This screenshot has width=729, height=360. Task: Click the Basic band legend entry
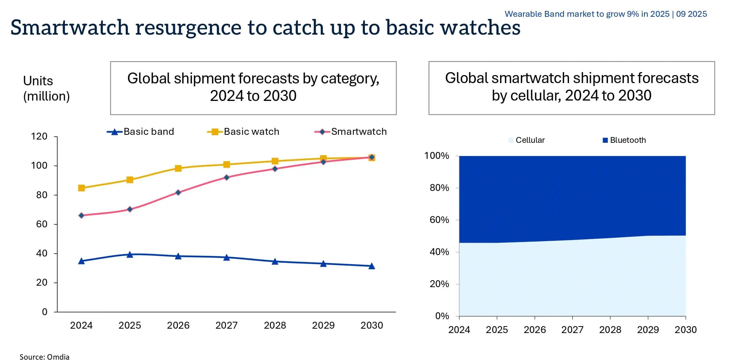pos(141,132)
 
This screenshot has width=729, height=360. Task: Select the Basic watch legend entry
pos(243,132)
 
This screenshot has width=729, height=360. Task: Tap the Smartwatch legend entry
pos(351,132)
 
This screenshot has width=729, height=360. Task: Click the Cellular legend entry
pos(527,140)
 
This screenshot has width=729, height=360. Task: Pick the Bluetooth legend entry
pos(624,140)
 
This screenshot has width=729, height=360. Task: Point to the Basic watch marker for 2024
pos(82,188)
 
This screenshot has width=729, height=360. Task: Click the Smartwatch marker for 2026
pos(178,192)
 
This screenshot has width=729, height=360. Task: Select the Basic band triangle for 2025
pos(130,254)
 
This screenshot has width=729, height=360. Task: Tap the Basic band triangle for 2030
pos(371,266)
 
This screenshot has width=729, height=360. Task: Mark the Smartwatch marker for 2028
pos(275,169)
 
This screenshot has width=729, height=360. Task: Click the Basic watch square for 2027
pos(226,164)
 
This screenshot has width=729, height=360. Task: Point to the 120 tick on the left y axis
pos(39,137)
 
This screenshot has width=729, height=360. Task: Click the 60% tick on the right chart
pos(439,220)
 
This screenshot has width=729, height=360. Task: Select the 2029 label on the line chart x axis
pos(323,325)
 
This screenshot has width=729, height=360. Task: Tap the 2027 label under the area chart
pos(572,330)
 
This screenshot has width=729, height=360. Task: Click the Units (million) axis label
pos(46,89)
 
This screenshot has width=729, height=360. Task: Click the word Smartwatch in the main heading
pos(70,28)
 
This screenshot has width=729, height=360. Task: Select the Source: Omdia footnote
pos(44,357)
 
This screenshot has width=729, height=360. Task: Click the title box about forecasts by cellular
pos(572,88)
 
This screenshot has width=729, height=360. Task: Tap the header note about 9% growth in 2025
pos(605,14)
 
